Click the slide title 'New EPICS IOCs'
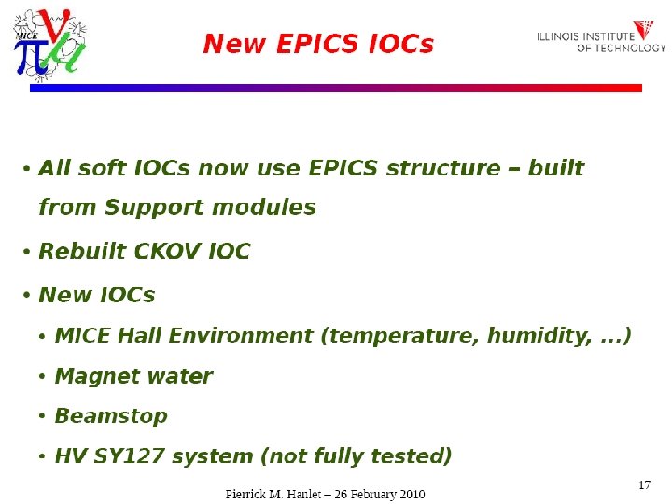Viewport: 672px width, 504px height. point(318,44)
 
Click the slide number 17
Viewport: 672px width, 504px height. point(644,484)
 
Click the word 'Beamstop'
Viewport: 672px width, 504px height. point(111,416)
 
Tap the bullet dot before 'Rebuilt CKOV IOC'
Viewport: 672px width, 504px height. point(28,253)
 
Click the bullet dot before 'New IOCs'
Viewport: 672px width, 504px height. point(28,296)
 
